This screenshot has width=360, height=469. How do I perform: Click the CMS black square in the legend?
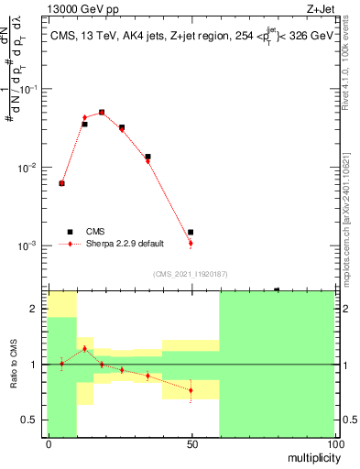(68, 232)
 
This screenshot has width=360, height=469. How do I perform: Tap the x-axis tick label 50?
(191, 443)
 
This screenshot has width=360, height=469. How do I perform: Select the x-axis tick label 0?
(48, 443)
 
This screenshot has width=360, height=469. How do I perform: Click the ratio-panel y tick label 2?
(35, 310)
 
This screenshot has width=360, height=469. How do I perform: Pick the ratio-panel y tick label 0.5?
(31, 420)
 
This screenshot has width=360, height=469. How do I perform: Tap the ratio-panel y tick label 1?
(35, 365)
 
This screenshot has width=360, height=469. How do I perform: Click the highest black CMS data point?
(102, 112)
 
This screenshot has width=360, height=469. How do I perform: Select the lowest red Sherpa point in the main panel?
(190, 244)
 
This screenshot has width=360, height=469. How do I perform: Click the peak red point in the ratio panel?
(84, 348)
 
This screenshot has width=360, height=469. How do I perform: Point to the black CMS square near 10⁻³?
(190, 233)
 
